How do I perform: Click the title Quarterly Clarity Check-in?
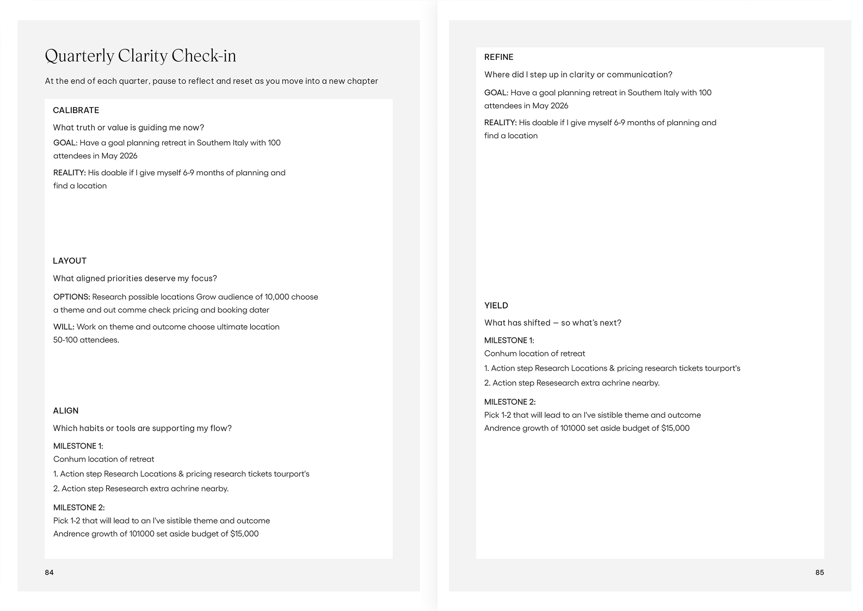tap(140, 56)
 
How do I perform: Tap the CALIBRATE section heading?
tap(76, 110)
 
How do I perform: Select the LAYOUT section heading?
tap(70, 261)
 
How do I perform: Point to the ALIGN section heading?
tap(66, 411)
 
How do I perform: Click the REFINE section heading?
tap(499, 57)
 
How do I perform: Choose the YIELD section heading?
tap(496, 306)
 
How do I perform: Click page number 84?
tap(50, 572)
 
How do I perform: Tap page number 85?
tap(819, 572)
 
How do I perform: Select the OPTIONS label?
tap(72, 297)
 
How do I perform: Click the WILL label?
tap(64, 327)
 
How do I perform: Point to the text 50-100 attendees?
tap(86, 340)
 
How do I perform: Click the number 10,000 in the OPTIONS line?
tap(276, 297)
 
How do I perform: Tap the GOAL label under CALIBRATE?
tap(65, 143)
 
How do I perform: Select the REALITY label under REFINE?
tap(501, 123)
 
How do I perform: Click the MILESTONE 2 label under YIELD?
tap(510, 402)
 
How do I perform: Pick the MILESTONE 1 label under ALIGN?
tap(78, 446)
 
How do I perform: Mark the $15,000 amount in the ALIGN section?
tap(244, 534)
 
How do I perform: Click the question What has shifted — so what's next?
tap(553, 323)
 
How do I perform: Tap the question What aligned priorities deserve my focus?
tap(135, 279)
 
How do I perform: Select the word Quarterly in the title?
tap(79, 56)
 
